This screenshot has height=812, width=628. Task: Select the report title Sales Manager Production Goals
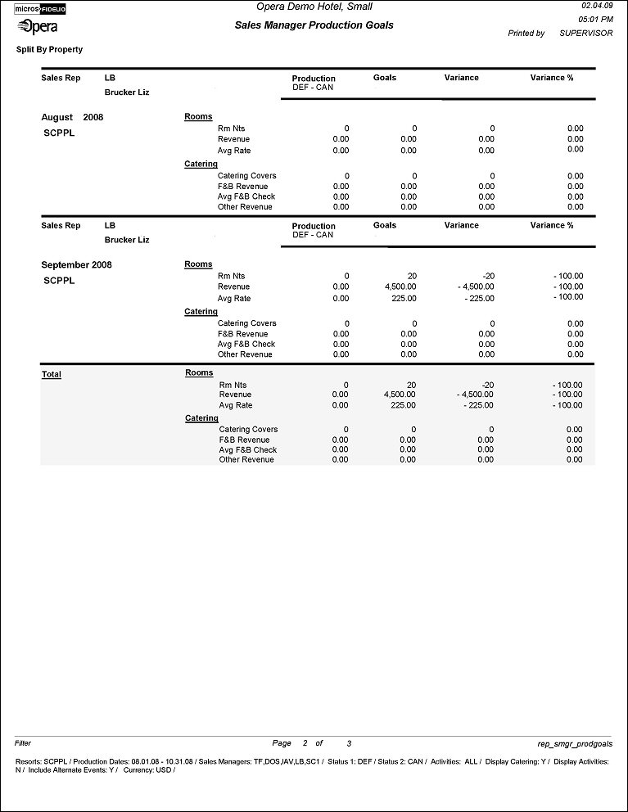pyautogui.click(x=314, y=25)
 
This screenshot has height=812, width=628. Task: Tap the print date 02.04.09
pyautogui.click(x=596, y=6)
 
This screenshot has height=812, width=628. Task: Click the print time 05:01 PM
pyautogui.click(x=596, y=19)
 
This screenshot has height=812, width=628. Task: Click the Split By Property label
pyautogui.click(x=49, y=50)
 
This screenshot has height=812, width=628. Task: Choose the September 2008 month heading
pyautogui.click(x=76, y=265)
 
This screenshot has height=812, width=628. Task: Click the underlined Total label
pyautogui.click(x=52, y=375)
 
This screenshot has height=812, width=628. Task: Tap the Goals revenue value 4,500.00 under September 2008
pyautogui.click(x=400, y=287)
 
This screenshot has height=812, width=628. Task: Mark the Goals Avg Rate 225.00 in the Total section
pyautogui.click(x=402, y=406)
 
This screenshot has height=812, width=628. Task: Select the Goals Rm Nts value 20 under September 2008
pyautogui.click(x=411, y=277)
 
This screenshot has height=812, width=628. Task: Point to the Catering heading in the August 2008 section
pyautogui.click(x=201, y=165)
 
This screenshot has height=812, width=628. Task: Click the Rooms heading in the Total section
pyautogui.click(x=199, y=373)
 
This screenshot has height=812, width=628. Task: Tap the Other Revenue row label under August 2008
pyautogui.click(x=245, y=207)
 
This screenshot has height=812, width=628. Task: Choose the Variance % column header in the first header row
pyautogui.click(x=552, y=78)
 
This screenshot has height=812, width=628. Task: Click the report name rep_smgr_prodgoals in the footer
pyautogui.click(x=575, y=744)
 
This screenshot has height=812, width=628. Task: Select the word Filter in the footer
pyautogui.click(x=23, y=744)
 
